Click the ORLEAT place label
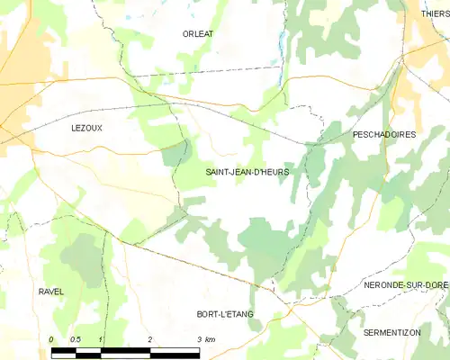(198, 33)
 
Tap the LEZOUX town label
(87, 129)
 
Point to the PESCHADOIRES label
(384, 134)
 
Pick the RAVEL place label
(51, 292)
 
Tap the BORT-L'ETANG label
(225, 314)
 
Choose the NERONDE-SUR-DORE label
(405, 284)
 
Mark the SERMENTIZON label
(391, 332)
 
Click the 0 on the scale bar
(51, 338)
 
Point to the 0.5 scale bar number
(76, 338)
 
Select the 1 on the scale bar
(101, 338)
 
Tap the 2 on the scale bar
(150, 338)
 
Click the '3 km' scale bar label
(205, 338)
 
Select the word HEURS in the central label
(274, 171)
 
